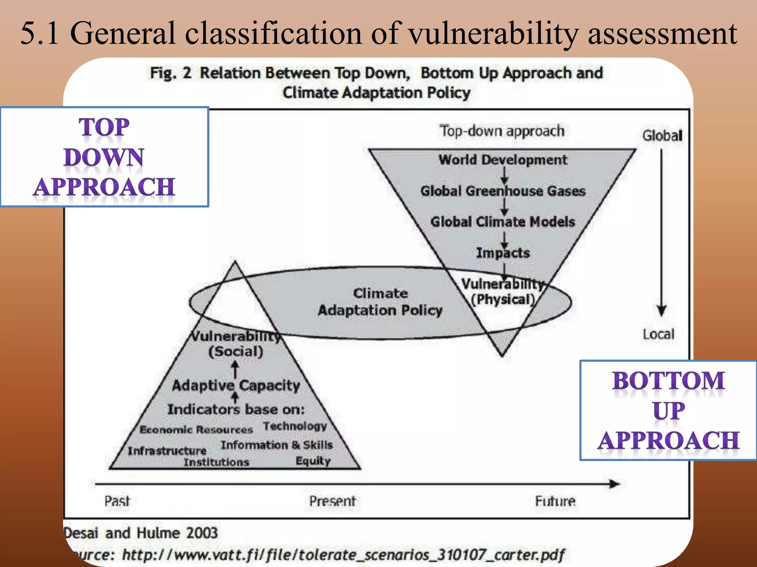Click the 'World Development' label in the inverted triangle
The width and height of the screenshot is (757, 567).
(503, 160)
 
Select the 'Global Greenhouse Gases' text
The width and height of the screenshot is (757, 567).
(503, 191)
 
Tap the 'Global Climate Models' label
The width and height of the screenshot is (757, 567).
(503, 221)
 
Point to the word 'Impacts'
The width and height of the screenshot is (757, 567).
(503, 253)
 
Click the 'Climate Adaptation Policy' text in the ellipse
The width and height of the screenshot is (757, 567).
(380, 302)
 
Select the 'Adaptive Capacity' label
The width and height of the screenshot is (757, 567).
(236, 385)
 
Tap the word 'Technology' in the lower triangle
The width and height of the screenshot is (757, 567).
(295, 426)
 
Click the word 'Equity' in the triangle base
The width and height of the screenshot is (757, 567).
(313, 461)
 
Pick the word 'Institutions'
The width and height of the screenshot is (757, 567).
(216, 462)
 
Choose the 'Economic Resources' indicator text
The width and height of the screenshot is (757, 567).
(196, 430)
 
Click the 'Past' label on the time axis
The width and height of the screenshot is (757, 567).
(117, 501)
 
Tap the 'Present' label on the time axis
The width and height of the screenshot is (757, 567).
(332, 501)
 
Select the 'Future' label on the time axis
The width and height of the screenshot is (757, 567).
(555, 501)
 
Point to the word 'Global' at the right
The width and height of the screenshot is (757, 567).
(662, 135)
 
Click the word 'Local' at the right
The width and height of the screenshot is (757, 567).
(658, 334)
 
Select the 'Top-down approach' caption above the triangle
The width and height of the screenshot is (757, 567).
(502, 131)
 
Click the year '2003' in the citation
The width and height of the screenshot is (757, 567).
(202, 533)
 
